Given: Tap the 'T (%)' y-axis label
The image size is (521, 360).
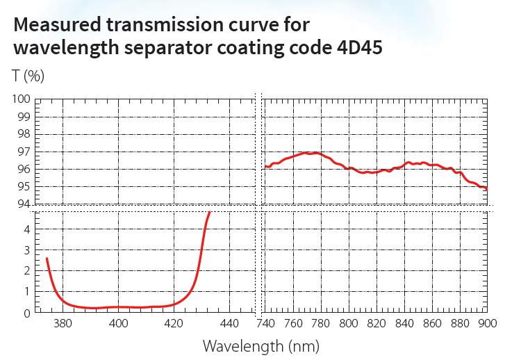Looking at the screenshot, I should pyautogui.click(x=28, y=76).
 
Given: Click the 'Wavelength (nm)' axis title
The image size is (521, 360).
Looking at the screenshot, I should pyautogui.click(x=260, y=345).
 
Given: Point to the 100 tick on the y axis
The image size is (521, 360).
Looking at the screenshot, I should pyautogui.click(x=21, y=99).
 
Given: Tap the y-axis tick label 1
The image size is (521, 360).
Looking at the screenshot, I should pyautogui.click(x=26, y=292).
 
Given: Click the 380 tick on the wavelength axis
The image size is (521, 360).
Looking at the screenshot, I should pyautogui.click(x=63, y=323).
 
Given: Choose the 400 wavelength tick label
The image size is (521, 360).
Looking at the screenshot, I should pyautogui.click(x=119, y=323).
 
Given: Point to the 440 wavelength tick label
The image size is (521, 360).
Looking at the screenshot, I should pyautogui.click(x=230, y=323).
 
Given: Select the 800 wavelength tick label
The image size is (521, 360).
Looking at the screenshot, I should pyautogui.click(x=349, y=323).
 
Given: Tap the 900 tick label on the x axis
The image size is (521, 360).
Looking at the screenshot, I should pyautogui.click(x=486, y=323).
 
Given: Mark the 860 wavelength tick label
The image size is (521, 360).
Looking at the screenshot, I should pyautogui.click(x=432, y=323).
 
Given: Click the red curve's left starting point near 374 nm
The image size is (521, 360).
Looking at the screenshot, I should pyautogui.click(x=47, y=259).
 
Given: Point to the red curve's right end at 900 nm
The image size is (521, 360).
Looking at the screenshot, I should pyautogui.click(x=486, y=188).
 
